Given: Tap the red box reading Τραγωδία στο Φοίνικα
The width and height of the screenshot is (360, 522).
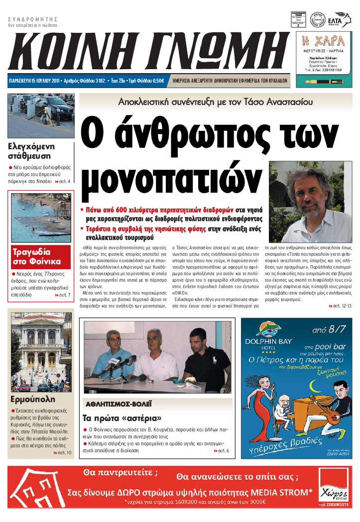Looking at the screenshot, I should click(x=37, y=256).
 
